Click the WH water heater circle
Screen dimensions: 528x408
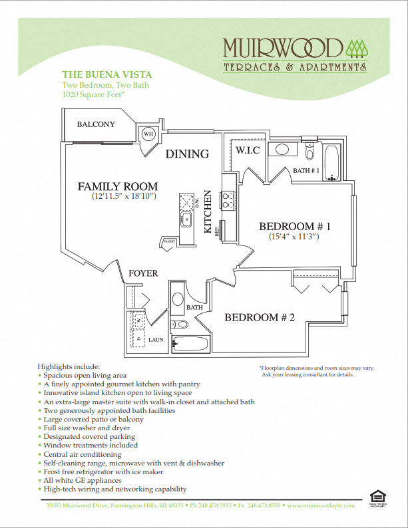pyautogui.click(x=147, y=134)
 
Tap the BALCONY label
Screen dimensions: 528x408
pyautogui.click(x=96, y=124)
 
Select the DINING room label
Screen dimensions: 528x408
pyautogui.click(x=187, y=154)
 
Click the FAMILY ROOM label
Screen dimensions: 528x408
pyautogui.click(x=117, y=186)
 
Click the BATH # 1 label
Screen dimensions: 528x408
pyautogui.click(x=306, y=171)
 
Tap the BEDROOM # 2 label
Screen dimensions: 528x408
pyautogui.click(x=259, y=317)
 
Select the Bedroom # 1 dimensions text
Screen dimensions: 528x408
pyautogui.click(x=294, y=237)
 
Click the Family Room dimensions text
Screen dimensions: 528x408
pyautogui.click(x=124, y=197)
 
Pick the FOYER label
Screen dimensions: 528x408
pyautogui.click(x=143, y=273)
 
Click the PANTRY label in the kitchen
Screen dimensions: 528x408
pyautogui.click(x=169, y=242)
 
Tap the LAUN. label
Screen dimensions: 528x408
pyautogui.click(x=156, y=339)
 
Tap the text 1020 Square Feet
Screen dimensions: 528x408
pyautogui.click(x=94, y=95)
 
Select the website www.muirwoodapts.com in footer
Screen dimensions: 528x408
pyautogui.click(x=323, y=506)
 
